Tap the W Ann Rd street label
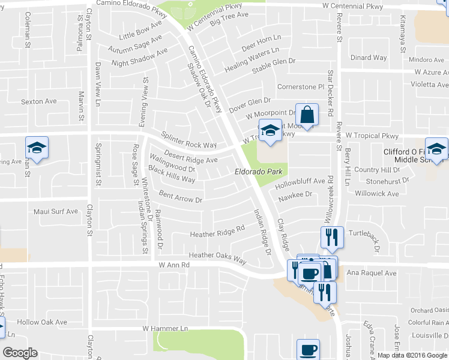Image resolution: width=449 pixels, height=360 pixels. click(174, 264)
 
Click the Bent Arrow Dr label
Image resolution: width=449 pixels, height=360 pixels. click(181, 196)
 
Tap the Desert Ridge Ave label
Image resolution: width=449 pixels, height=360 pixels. click(190, 157)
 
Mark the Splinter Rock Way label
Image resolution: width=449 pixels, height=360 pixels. click(188, 141)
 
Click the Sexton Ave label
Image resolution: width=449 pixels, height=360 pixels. click(39, 101)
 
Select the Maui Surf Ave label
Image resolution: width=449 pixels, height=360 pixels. click(56, 211)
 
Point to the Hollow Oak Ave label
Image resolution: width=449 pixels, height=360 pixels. click(42, 322)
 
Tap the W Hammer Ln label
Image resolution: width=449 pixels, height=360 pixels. click(165, 329)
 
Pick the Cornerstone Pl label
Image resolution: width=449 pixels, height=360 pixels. click(301, 86)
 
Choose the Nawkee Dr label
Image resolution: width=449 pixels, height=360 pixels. click(295, 194)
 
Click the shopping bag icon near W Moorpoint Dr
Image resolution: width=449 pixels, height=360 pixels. click(307, 115)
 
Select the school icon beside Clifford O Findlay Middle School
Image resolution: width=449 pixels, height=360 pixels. click(437, 149)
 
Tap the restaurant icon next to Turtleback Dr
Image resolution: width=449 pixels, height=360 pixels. click(331, 237)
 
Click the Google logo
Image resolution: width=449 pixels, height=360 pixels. click(20, 352)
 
